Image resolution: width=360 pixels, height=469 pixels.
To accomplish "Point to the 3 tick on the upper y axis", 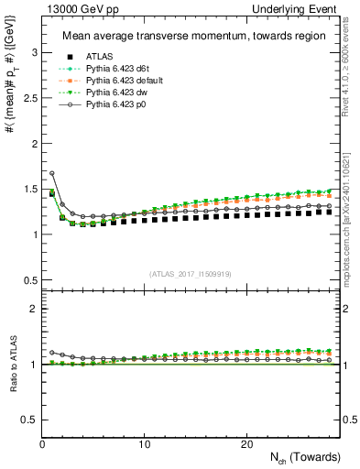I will point(32,53).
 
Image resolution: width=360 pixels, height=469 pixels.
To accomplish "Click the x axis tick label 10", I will point(145,444).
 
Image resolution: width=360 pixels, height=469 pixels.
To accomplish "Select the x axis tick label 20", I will point(246,444).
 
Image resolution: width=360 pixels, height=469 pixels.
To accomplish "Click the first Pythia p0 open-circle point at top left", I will point(52,173).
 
